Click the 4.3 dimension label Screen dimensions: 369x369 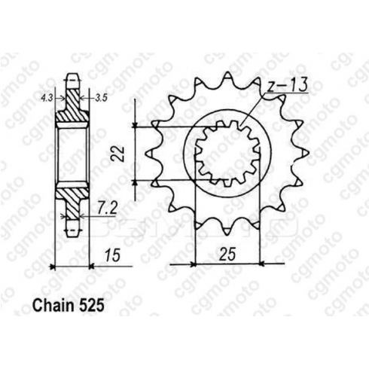47,97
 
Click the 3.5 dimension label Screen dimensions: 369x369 101,98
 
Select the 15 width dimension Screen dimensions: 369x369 113,255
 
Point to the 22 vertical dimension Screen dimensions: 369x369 119,154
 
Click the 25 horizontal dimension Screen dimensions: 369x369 227,254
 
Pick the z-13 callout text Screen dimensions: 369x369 286,85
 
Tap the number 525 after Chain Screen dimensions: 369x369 91,306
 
